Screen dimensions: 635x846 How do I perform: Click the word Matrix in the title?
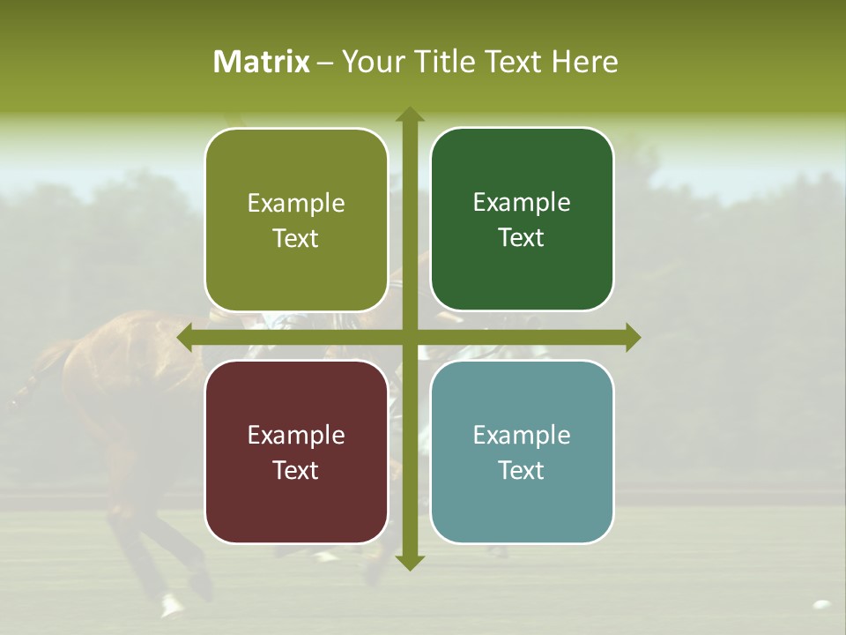point(262,62)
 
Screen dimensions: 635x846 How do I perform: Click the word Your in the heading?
point(367,62)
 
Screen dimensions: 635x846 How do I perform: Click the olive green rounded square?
point(296,220)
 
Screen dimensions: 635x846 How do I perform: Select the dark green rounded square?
point(522,220)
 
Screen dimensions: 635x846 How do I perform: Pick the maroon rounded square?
point(296,452)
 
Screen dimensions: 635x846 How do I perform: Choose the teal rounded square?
point(522,452)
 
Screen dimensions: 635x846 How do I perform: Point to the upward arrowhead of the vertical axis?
point(409,115)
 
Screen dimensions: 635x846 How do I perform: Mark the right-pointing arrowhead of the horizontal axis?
point(632,337)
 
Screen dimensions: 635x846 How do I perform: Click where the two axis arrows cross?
point(409,337)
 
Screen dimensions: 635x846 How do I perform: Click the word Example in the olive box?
point(296,204)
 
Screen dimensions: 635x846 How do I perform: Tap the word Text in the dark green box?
point(522,238)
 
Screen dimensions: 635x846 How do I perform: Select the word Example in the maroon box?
point(296,435)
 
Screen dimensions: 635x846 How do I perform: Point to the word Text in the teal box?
point(522,470)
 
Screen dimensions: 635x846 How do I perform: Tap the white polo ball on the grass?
point(821,605)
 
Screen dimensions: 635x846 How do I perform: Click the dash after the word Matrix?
point(325,63)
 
